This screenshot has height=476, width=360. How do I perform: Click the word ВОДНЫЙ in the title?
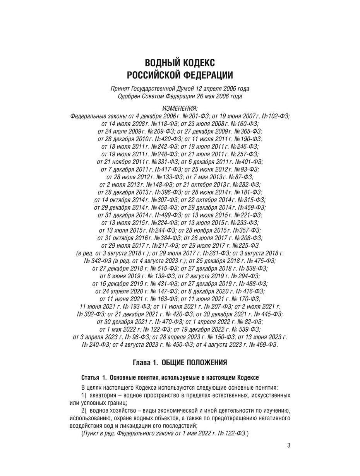pyautogui.click(x=160, y=63)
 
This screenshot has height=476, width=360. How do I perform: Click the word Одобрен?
pyautogui.click(x=130, y=96)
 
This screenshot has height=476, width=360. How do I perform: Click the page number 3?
pyautogui.click(x=288, y=445)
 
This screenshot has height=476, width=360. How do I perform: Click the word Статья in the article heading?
pyautogui.click(x=90, y=377)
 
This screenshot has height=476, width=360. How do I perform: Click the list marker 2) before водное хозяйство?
pyautogui.click(x=84, y=410)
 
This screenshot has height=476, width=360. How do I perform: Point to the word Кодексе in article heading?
pyautogui.click(x=247, y=377)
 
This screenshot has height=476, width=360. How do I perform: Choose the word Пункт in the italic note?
pyautogui.click(x=92, y=433)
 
